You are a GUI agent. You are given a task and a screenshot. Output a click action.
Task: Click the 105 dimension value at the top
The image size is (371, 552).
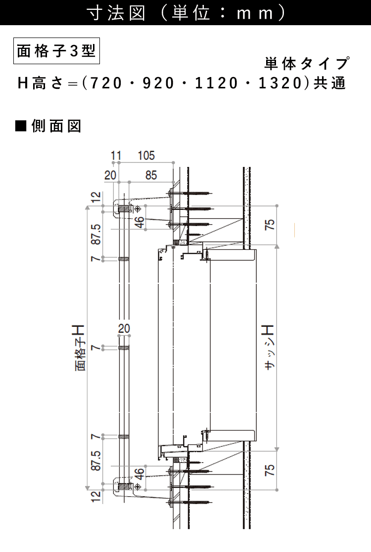146,155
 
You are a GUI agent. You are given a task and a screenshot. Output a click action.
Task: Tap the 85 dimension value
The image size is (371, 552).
151,175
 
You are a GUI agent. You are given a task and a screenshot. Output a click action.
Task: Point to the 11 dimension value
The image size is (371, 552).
116,155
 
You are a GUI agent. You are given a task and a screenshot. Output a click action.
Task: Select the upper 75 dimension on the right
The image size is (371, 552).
269,225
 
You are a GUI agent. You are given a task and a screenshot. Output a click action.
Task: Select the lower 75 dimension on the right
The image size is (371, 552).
269,470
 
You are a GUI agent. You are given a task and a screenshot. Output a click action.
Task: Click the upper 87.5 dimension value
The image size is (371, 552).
96,234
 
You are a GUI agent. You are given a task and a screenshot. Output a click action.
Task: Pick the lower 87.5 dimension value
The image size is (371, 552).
96,461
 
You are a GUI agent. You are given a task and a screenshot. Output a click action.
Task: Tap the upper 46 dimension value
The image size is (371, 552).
139,222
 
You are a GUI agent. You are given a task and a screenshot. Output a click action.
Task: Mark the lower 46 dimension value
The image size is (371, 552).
139,473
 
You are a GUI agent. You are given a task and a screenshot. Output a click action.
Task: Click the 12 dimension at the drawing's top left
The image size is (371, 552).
96,197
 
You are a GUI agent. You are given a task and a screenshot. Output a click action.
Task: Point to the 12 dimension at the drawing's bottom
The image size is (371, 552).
96,496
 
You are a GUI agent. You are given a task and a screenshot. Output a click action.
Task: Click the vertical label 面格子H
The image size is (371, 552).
80,348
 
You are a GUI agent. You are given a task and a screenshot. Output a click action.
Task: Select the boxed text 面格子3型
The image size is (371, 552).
56,51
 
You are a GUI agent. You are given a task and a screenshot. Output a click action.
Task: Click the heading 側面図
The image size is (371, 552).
56,126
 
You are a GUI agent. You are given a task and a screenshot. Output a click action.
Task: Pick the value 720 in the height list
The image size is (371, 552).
106,83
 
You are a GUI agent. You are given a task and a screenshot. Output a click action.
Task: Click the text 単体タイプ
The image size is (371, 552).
307,63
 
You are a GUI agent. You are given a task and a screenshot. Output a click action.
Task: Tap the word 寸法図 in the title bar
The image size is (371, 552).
116,13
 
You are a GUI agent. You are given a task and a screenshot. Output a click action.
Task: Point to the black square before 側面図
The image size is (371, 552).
21,126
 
